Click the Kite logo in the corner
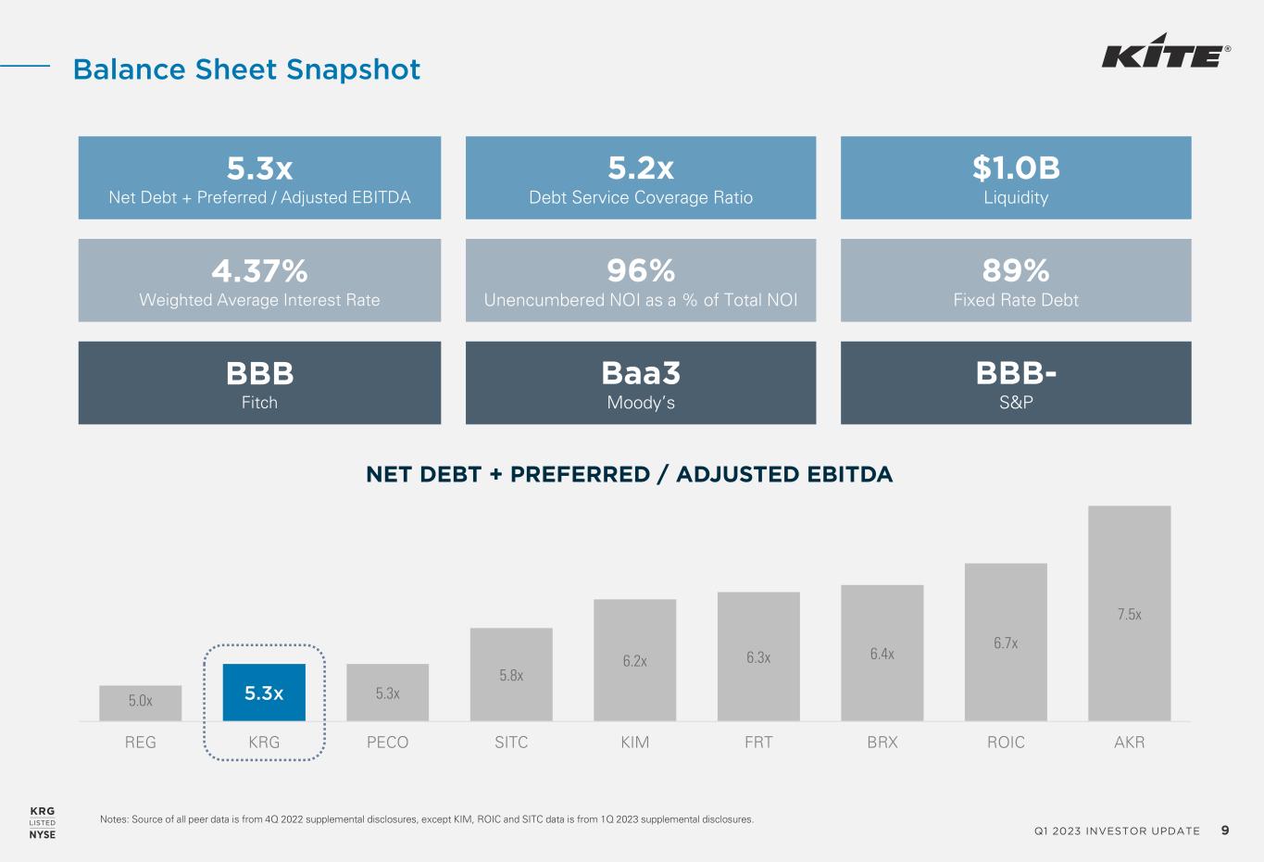tap(1165, 52)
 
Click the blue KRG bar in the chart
tap(264, 692)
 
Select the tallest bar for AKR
tap(1129, 613)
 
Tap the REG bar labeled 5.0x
tap(141, 702)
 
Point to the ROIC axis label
tap(1006, 743)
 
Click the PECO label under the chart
tap(387, 743)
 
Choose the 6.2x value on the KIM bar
tap(634, 661)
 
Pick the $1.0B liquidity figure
tap(1016, 169)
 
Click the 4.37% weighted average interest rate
tap(259, 270)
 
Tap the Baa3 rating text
tap(641, 373)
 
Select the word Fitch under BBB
tap(259, 403)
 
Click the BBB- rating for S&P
tap(1016, 373)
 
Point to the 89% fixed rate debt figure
tap(1016, 270)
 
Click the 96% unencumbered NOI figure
tap(641, 270)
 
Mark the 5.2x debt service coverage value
tap(641, 169)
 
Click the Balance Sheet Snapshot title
tap(246, 69)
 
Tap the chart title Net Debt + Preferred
tap(630, 475)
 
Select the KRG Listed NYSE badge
tap(43, 822)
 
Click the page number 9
tap(1225, 831)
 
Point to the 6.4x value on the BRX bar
tap(882, 655)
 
